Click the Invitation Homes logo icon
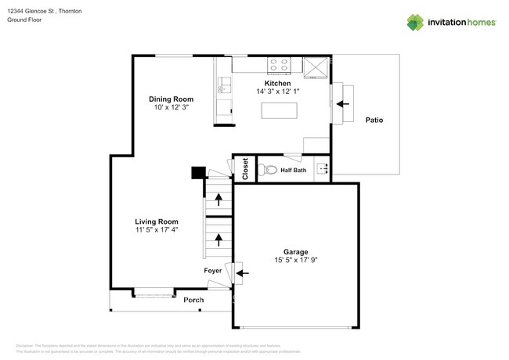(x=415, y=22)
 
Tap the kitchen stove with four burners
(x=279, y=65)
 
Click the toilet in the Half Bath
(x=268, y=169)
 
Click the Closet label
(x=245, y=169)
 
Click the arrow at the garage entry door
(x=243, y=273)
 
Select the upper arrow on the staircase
(x=218, y=200)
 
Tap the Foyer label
(x=213, y=272)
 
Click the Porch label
(x=193, y=300)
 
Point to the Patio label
(x=374, y=120)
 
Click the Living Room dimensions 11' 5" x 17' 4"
(x=157, y=229)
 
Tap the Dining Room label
(x=171, y=99)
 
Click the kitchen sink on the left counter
(x=223, y=81)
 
